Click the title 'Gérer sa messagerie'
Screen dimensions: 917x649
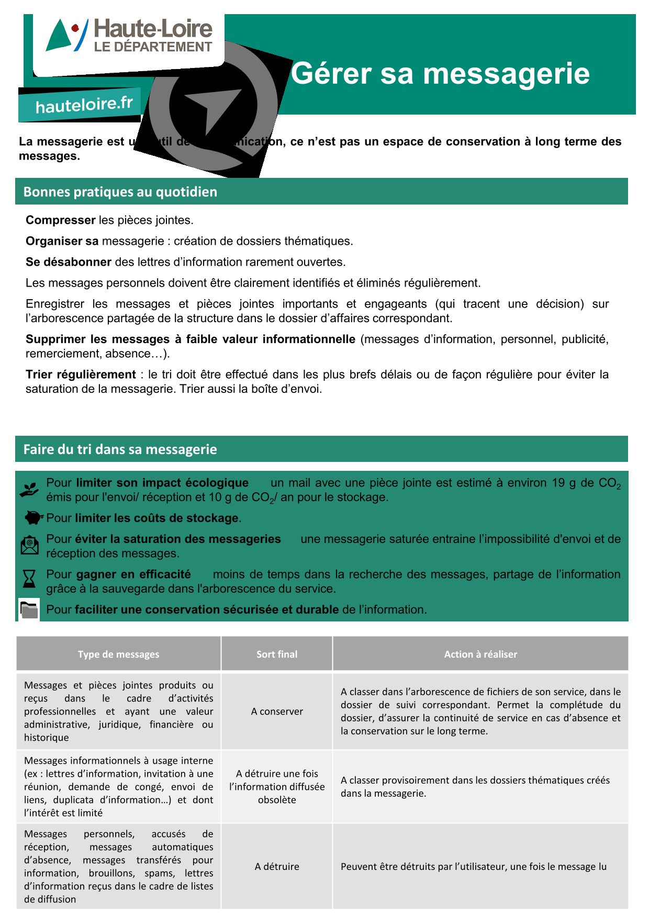coord(440,73)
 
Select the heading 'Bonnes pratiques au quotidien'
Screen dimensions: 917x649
coord(120,192)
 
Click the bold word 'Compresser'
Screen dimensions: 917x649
coord(61,220)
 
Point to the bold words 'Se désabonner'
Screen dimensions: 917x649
coord(69,262)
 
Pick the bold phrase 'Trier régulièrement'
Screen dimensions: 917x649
coord(81,375)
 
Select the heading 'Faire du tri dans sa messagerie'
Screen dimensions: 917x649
coord(120,449)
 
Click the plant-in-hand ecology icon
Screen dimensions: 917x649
coord(29,490)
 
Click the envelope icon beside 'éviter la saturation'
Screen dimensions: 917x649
coord(30,545)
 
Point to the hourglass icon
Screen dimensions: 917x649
coord(29,579)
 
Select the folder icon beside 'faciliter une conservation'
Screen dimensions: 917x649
coord(29,609)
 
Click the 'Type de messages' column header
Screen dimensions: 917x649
coord(118,654)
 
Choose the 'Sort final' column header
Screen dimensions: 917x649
coord(277,654)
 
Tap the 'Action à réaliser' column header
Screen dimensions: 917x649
coord(480,654)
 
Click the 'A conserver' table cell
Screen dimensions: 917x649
coord(277,711)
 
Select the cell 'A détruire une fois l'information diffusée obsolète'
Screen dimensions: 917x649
coord(277,787)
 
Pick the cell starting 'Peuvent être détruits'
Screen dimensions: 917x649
coord(474,867)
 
